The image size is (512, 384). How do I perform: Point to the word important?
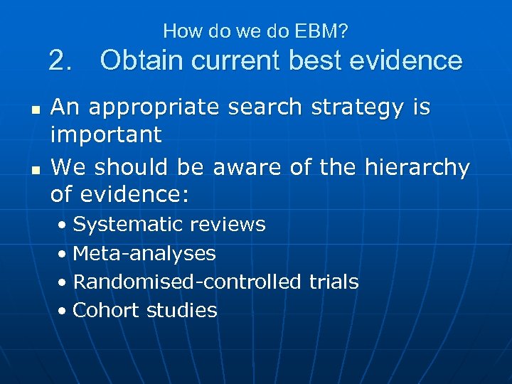106,134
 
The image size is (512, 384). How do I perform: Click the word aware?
248,168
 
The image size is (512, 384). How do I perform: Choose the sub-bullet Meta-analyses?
144,253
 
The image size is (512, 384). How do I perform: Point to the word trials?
334,282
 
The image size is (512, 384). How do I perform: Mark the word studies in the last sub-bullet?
182,310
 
